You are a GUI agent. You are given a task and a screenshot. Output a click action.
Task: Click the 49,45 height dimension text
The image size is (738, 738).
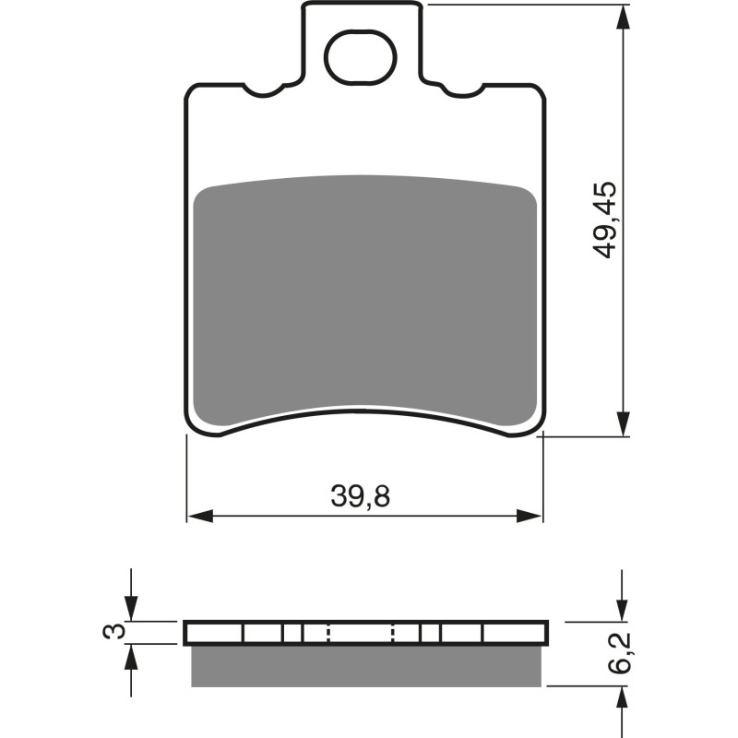point(605,220)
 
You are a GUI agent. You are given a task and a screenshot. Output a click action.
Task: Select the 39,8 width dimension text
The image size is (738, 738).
point(361,497)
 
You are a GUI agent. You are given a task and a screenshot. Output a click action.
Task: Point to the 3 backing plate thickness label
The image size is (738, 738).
point(113,632)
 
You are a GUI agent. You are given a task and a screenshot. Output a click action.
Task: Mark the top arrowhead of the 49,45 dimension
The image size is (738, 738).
point(625,17)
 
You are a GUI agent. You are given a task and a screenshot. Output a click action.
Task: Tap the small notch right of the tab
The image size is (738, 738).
point(463,90)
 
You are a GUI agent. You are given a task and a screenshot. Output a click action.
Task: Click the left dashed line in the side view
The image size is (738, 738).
point(328,632)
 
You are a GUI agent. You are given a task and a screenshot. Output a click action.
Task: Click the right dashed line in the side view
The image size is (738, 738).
point(394,632)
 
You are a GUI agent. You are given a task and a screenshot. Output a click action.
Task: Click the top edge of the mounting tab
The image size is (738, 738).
point(363,4)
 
